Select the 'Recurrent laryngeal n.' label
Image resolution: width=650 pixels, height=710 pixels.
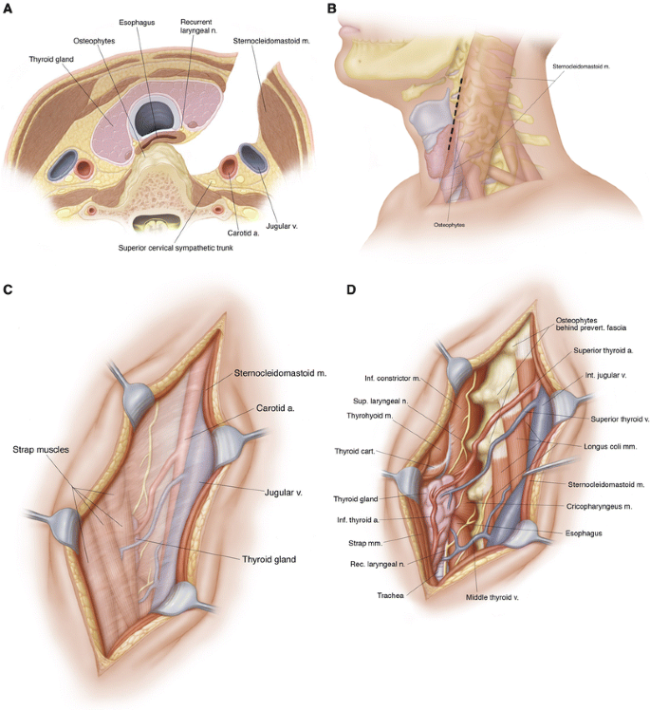click(200, 26)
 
